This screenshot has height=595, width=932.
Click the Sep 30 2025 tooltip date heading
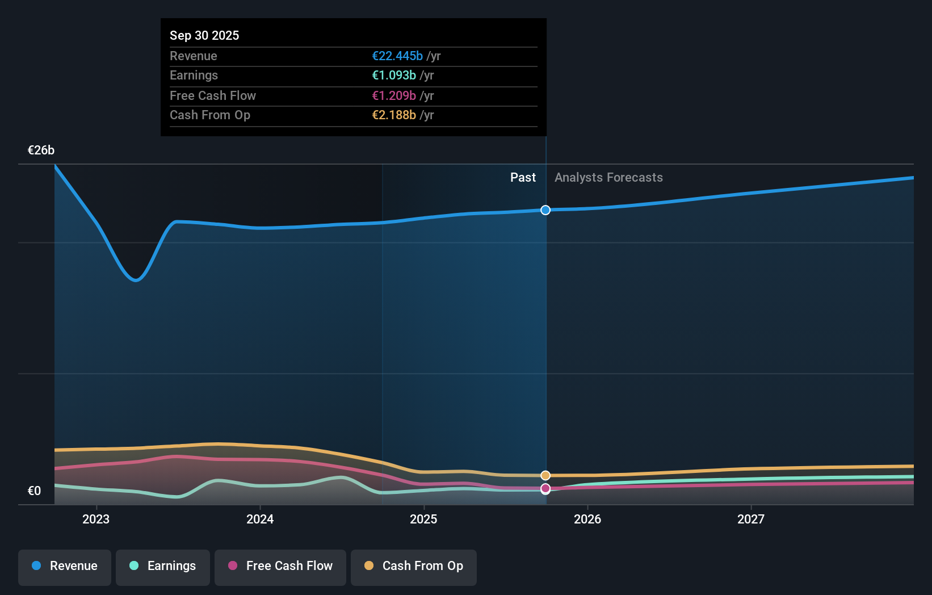pyautogui.click(x=204, y=35)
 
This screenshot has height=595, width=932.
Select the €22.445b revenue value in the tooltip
pyautogui.click(x=397, y=56)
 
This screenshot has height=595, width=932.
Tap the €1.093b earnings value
pyautogui.click(x=394, y=75)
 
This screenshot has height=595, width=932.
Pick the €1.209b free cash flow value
pyautogui.click(x=394, y=95)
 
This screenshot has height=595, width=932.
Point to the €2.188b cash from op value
pyautogui.click(x=394, y=115)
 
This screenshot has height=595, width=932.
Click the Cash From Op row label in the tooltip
pyautogui.click(x=210, y=115)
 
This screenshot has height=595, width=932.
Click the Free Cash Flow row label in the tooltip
pyautogui.click(x=213, y=95)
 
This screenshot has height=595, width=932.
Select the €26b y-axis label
pyautogui.click(x=41, y=150)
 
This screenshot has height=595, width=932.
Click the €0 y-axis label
pyautogui.click(x=34, y=491)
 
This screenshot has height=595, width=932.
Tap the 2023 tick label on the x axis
pyautogui.click(x=96, y=519)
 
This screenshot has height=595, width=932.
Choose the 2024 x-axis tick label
pyautogui.click(x=260, y=519)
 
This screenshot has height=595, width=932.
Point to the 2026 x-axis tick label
pyautogui.click(x=587, y=519)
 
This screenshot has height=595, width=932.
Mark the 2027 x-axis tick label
pyautogui.click(x=751, y=519)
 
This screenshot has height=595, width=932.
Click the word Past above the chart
pyautogui.click(x=523, y=177)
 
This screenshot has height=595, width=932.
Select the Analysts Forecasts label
pyautogui.click(x=608, y=177)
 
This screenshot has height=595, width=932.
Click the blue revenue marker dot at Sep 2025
pyautogui.click(x=545, y=210)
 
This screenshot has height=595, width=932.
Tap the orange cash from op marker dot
pyautogui.click(x=545, y=475)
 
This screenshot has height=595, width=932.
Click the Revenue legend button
pyautogui.click(x=65, y=566)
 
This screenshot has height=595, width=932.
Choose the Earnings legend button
pyautogui.click(x=163, y=566)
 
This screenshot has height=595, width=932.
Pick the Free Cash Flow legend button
pyautogui.click(x=280, y=566)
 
